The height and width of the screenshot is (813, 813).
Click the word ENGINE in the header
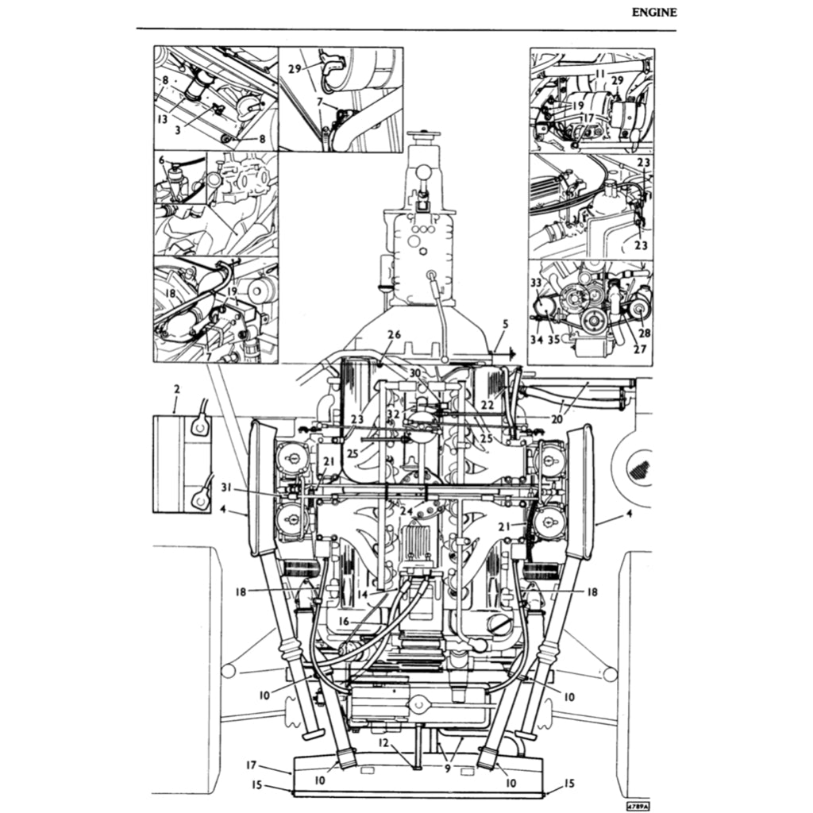[654, 12]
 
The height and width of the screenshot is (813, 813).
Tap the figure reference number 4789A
[637, 805]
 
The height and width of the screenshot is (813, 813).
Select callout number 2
[176, 389]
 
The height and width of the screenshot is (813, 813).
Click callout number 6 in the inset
[162, 160]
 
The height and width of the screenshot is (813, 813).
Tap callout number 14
[362, 594]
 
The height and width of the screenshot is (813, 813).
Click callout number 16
[344, 622]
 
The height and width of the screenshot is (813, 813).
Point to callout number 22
[487, 405]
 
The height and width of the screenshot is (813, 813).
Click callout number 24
[406, 511]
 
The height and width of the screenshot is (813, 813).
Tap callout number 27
[640, 349]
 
